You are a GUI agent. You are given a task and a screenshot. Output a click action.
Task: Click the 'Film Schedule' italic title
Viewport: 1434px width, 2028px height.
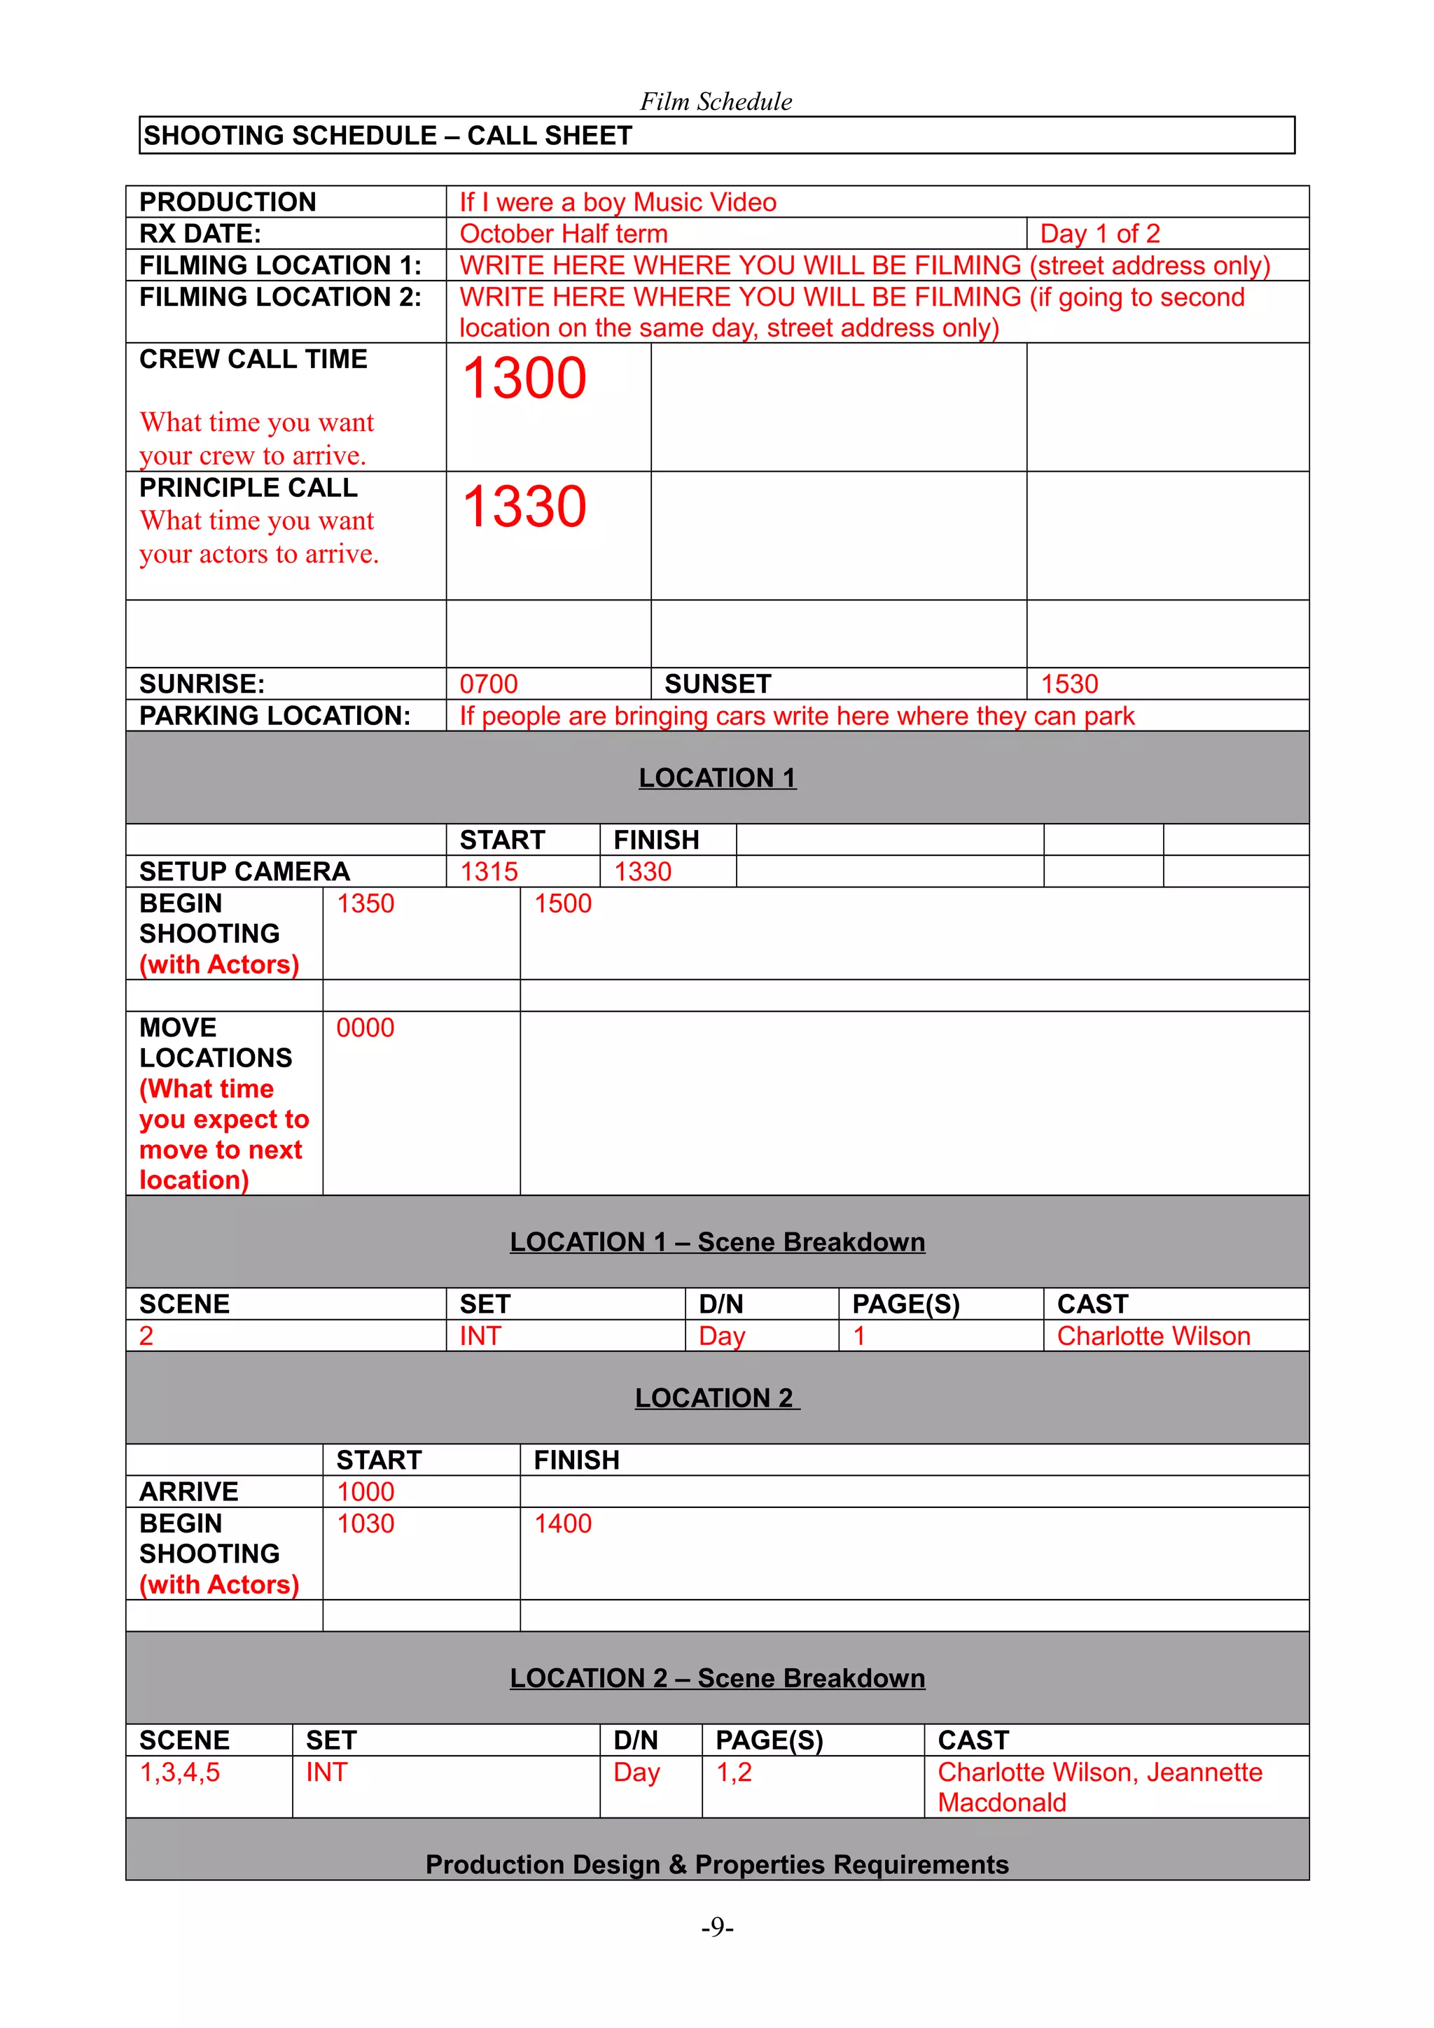716,101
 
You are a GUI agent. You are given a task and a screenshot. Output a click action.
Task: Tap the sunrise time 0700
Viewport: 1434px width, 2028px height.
488,684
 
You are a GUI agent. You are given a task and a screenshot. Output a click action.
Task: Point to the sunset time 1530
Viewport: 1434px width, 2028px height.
1069,684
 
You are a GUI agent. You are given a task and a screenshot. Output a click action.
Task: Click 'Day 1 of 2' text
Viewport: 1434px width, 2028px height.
1099,234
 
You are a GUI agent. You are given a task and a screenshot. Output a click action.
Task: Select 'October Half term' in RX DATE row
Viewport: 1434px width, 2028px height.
564,234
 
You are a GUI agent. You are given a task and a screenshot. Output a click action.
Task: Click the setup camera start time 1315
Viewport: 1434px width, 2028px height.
489,872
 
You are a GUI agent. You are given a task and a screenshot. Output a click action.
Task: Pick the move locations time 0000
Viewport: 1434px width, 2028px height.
365,1028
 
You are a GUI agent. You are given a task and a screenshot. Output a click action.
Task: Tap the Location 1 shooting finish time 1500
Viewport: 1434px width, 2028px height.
563,903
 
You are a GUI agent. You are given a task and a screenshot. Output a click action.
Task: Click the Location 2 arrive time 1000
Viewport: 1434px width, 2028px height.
365,1492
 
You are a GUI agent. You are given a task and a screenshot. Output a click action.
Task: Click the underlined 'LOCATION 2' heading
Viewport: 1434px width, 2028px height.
716,1398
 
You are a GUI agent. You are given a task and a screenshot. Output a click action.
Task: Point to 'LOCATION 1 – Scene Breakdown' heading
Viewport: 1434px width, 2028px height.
716,1242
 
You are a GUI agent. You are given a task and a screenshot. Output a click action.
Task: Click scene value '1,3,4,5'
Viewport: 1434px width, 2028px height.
179,1772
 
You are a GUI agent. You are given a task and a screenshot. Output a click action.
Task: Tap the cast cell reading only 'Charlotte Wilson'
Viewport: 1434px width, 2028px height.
1153,1337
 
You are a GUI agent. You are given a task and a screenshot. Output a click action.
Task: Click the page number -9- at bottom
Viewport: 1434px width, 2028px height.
716,1927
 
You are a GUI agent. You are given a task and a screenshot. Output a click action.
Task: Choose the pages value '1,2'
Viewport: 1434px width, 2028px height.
733,1772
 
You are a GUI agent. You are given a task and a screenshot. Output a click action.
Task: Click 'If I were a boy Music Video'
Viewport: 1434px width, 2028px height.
618,202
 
